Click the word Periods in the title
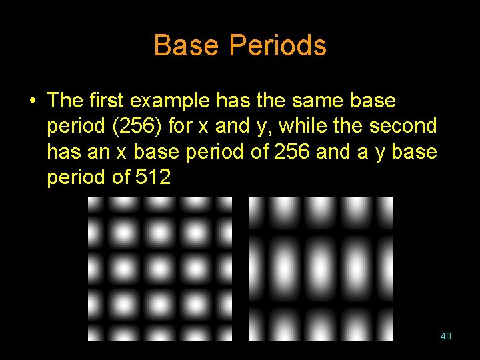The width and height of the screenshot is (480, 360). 278,45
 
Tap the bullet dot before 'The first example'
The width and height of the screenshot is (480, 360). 31,101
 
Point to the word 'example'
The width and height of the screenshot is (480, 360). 170,101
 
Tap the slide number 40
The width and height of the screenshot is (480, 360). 446,336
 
